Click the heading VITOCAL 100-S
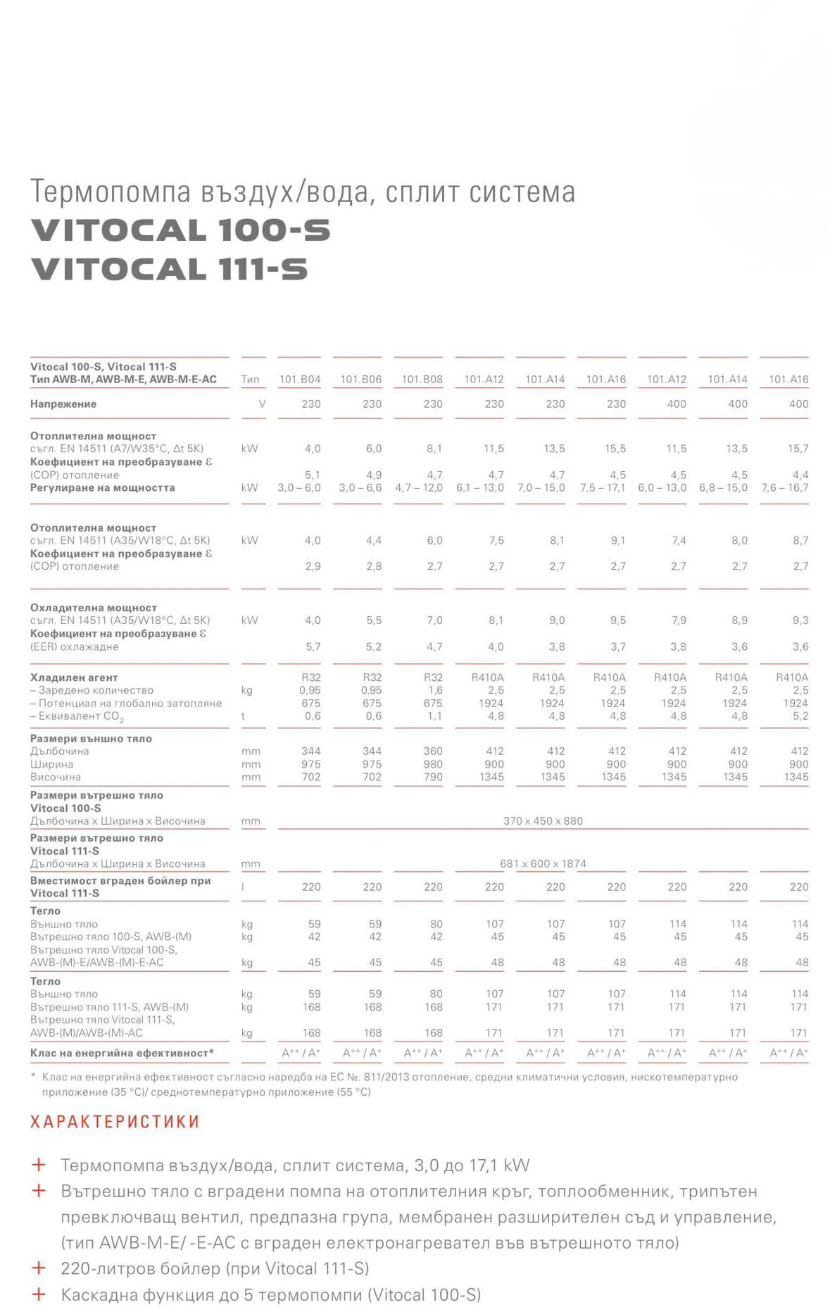pyautogui.click(x=180, y=231)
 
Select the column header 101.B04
pyautogui.click(x=300, y=380)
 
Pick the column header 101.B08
pyautogui.click(x=422, y=380)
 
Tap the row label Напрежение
pyautogui.click(x=63, y=404)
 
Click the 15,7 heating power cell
pyautogui.click(x=798, y=449)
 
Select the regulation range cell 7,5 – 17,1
pyautogui.click(x=603, y=488)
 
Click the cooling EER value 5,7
pyautogui.click(x=313, y=646)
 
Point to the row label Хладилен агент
pyautogui.click(x=74, y=677)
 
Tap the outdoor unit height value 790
pyautogui.click(x=433, y=777)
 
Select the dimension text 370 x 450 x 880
pyautogui.click(x=543, y=821)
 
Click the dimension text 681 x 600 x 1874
pyautogui.click(x=543, y=864)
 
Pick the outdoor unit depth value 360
pyautogui.click(x=433, y=751)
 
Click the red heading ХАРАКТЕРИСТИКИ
pyautogui.click(x=115, y=1122)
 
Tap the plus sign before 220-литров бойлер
pyautogui.click(x=39, y=1268)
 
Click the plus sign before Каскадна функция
pyautogui.click(x=39, y=1294)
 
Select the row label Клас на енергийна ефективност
pyautogui.click(x=121, y=1054)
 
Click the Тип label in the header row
pyautogui.click(x=250, y=380)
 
